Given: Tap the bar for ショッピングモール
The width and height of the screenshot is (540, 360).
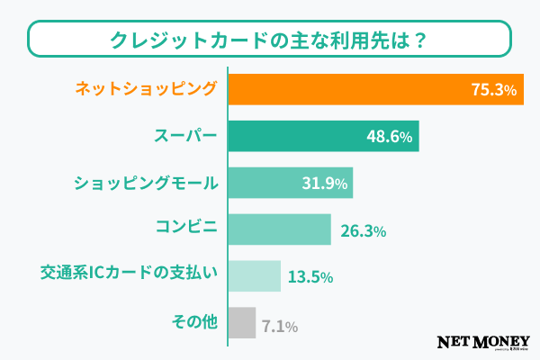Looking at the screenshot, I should [270, 184].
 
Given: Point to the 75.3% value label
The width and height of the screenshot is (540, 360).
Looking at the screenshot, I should [493, 90].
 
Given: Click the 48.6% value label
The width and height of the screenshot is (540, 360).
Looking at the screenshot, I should [390, 137].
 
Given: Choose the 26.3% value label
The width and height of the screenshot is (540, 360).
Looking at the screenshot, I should [364, 231].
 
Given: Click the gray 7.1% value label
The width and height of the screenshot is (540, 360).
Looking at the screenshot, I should [279, 324].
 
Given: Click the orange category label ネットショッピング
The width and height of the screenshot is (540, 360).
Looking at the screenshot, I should [146, 89].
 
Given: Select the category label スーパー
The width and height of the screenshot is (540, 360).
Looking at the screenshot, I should [184, 137].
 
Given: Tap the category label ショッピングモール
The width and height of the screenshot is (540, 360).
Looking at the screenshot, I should [146, 184].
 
